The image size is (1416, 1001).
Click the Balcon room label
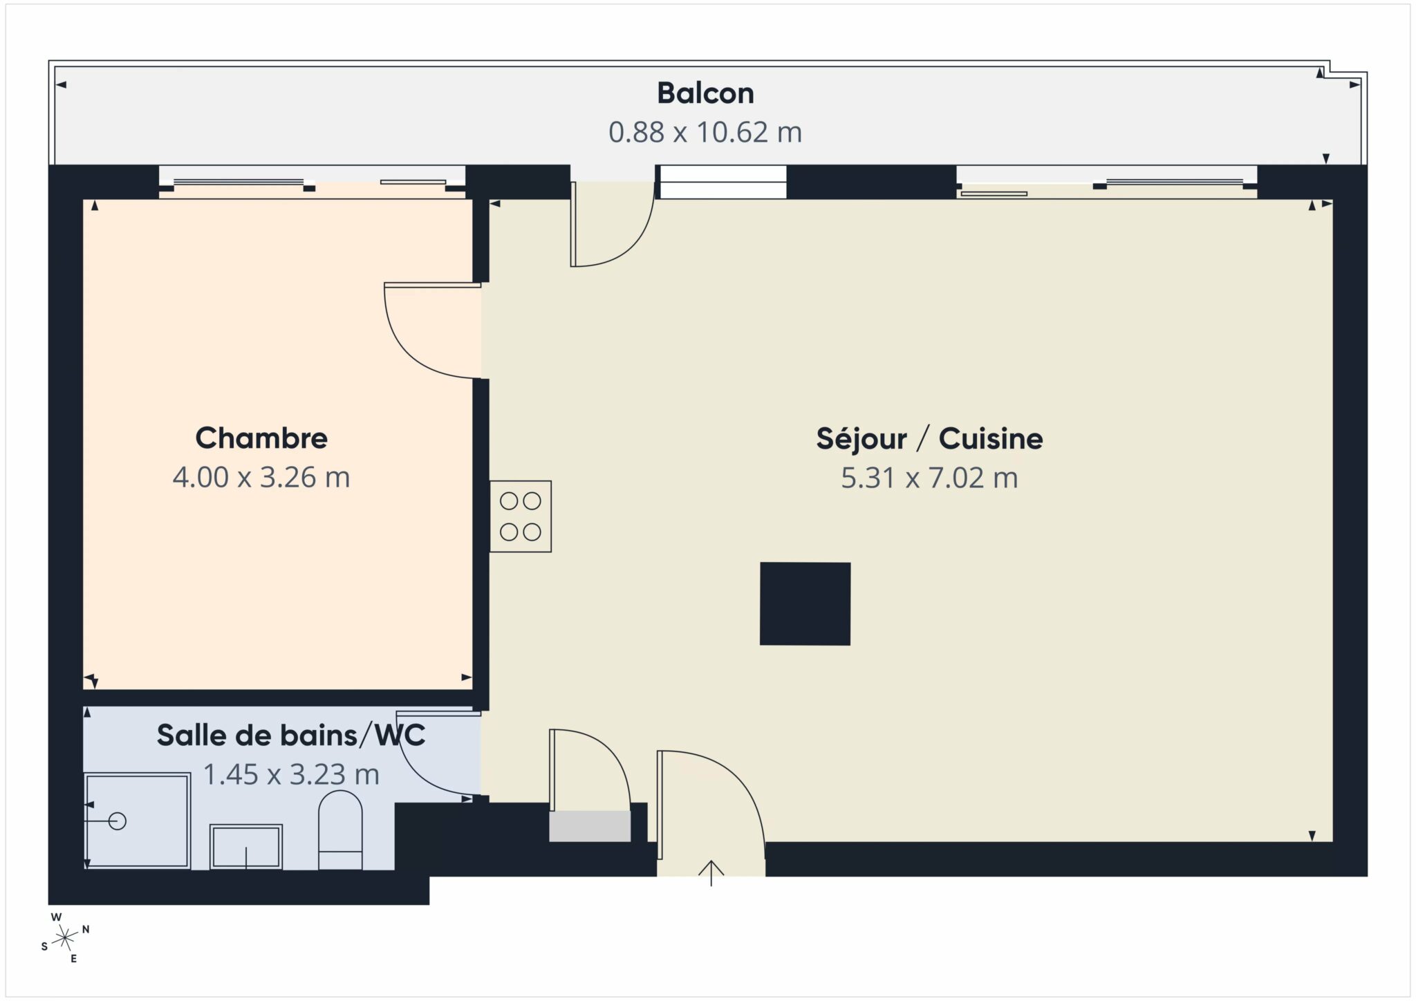click(x=705, y=93)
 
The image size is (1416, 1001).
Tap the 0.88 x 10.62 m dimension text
click(x=705, y=131)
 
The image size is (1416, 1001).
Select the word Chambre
click(x=261, y=438)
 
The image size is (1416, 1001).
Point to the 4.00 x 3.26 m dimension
click(x=261, y=477)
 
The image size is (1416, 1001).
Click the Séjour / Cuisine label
click(x=929, y=438)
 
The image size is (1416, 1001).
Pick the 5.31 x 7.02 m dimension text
click(x=929, y=478)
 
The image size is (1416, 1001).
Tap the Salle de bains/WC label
click(x=291, y=735)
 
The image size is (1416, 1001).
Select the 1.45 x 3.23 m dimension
click(x=291, y=774)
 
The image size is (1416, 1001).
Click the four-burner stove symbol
click(x=521, y=516)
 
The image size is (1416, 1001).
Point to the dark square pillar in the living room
click(x=805, y=604)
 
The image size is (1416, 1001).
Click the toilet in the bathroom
click(x=340, y=830)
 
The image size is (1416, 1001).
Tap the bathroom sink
click(x=246, y=847)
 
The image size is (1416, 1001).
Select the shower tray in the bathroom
click(x=137, y=821)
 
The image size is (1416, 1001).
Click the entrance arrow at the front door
click(x=711, y=873)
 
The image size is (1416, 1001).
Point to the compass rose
click(x=66, y=937)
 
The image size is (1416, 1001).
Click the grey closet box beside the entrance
click(x=590, y=826)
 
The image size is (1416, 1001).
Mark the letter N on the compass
click(x=86, y=929)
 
